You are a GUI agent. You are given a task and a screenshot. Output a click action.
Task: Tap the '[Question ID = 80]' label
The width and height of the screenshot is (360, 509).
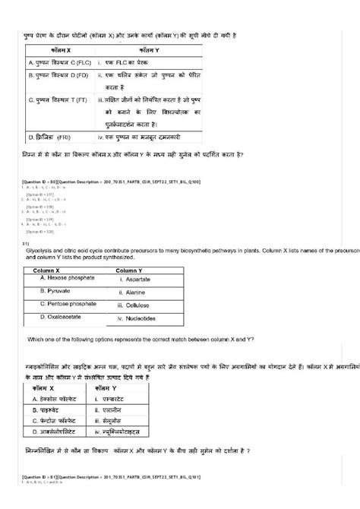pyautogui.click(x=39, y=179)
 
